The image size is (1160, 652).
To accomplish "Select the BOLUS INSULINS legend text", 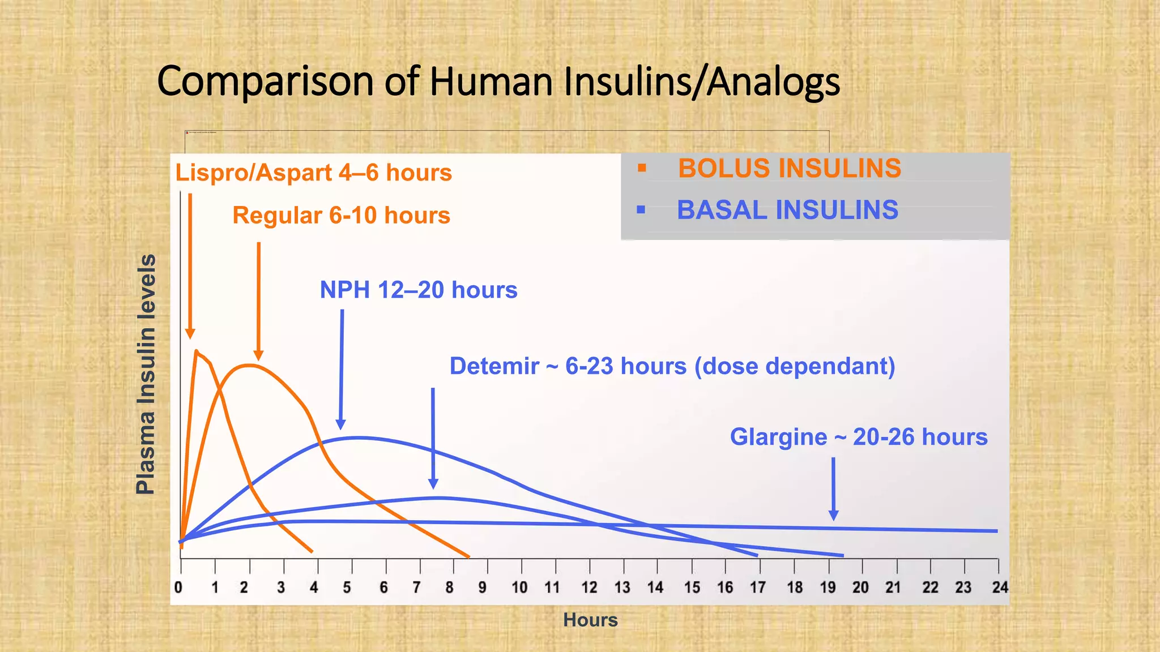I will click(789, 169).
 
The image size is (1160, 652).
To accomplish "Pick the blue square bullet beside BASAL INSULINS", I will click(641, 210).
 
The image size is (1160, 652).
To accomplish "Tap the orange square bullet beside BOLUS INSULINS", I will click(641, 168).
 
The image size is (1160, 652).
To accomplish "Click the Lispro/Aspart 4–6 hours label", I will click(313, 173).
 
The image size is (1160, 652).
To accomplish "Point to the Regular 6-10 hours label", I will click(341, 216).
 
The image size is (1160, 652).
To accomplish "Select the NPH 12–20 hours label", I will click(418, 290).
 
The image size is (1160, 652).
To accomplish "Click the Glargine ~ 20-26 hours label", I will click(858, 437).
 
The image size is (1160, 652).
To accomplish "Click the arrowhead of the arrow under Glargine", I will click(833, 515).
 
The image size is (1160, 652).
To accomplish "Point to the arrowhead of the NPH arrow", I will click(340, 424).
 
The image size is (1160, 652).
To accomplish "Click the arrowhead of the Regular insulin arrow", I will click(258, 355).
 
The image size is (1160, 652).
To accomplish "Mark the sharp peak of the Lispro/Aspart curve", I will click(196, 351).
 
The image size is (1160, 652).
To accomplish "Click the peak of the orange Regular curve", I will click(248, 365).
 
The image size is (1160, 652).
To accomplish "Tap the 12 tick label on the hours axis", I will click(589, 587).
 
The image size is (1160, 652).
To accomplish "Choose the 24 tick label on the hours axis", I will click(1000, 587).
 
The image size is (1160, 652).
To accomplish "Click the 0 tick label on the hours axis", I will click(178, 587).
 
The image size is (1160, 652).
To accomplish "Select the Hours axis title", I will click(590, 620).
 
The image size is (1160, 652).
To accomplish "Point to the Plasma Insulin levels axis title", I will click(146, 375).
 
